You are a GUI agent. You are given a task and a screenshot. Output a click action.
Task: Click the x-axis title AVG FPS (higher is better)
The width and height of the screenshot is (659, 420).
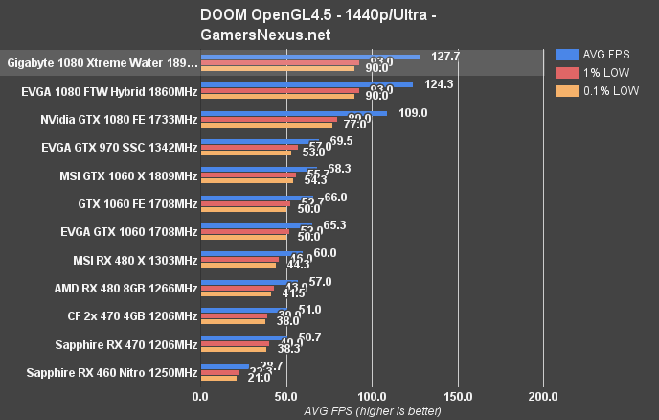[x=372, y=410]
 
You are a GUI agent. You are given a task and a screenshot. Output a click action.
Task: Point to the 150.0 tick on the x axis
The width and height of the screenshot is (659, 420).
[x=458, y=395]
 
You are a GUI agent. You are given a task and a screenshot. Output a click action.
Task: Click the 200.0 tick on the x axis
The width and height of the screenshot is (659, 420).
[x=544, y=395]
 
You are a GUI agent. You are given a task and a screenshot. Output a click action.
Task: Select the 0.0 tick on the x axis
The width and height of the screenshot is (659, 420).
[x=200, y=395]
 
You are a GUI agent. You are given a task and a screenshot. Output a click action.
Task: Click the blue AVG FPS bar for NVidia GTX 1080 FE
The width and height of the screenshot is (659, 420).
[x=293, y=113]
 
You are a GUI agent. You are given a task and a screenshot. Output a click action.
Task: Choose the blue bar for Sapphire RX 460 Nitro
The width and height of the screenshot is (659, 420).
[x=224, y=365]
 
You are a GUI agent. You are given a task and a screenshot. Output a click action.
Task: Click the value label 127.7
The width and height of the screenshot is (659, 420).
[x=446, y=57]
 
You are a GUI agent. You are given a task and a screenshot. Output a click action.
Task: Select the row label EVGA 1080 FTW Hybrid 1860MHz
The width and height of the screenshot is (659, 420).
[x=108, y=92]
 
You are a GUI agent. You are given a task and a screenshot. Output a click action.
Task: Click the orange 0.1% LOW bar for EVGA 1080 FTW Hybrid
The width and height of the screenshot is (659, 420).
[x=278, y=97]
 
